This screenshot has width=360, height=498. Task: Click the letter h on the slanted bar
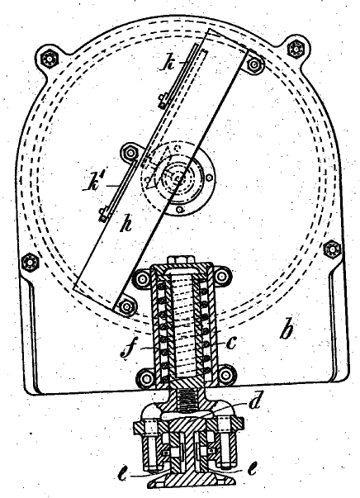point(126,225)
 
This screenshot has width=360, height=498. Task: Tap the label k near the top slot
point(169,64)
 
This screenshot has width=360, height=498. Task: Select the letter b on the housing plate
point(288,330)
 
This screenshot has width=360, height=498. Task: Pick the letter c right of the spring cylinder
point(231,343)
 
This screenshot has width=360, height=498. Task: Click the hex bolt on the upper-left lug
point(50,59)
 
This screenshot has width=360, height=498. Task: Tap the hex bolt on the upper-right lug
point(296,49)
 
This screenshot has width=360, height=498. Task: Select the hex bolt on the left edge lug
point(31,263)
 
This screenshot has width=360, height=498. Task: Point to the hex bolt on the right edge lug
point(332,249)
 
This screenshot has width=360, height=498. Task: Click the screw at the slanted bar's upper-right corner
point(253,65)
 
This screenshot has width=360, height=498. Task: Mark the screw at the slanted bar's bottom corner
point(126,307)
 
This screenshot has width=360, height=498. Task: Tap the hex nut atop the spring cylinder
point(179,259)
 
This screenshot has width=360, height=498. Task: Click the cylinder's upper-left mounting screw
point(142,279)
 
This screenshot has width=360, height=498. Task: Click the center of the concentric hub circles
point(178,178)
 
